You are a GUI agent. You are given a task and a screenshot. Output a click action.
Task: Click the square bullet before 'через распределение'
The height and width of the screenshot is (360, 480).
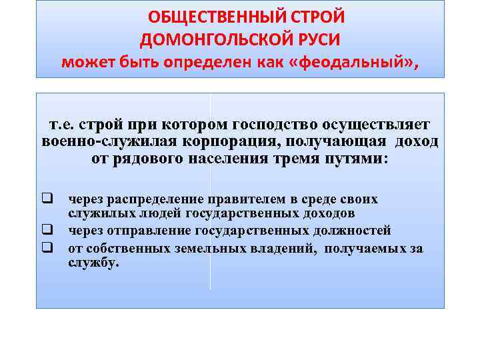click(47, 199)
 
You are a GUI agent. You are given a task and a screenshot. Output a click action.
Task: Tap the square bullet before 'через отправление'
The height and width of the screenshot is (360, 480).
click(47, 231)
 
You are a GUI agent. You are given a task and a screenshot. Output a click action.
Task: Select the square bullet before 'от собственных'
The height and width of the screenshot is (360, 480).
click(47, 248)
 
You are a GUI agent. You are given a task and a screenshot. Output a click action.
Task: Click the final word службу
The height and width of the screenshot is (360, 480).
click(93, 263)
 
